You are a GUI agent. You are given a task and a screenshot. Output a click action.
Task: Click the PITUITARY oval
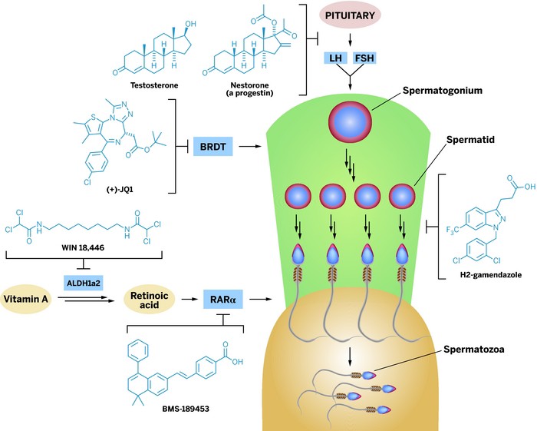[350, 16]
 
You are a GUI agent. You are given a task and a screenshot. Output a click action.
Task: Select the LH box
[336, 58]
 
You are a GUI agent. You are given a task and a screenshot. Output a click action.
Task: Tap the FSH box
[364, 58]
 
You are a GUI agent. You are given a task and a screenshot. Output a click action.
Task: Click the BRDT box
[213, 147]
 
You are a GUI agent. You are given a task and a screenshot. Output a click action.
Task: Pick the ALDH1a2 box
[83, 283]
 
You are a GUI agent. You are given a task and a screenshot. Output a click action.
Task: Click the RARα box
[223, 300]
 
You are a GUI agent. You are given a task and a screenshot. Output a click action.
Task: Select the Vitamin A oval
[25, 299]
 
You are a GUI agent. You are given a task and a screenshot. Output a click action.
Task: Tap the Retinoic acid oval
[150, 300]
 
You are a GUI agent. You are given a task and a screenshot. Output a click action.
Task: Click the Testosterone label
[154, 85]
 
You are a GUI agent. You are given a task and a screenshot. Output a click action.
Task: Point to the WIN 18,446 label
[83, 247]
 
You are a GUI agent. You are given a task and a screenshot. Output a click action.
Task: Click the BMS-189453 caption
[186, 409]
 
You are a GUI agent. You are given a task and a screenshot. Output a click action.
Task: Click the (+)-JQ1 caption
[120, 189]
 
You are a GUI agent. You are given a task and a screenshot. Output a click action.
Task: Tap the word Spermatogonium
[443, 91]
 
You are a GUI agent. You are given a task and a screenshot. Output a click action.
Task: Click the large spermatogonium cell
[350, 122]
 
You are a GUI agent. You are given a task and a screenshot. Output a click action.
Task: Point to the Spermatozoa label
[473, 350]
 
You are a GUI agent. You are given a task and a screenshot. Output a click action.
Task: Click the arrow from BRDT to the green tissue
[249, 147]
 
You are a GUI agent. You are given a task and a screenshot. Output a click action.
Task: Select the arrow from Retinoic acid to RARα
[189, 300]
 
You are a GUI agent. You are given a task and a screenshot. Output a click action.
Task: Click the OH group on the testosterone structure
[190, 25]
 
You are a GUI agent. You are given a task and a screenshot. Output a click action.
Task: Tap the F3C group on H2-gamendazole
[453, 230]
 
